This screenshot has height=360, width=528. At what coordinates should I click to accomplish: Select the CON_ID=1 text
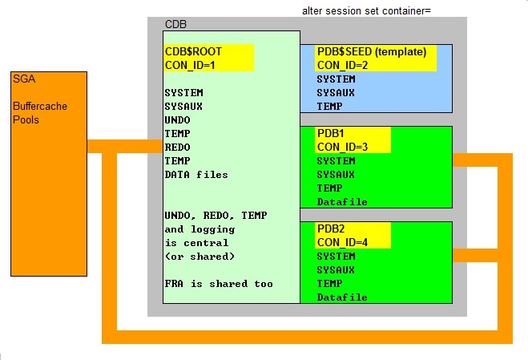click(x=191, y=65)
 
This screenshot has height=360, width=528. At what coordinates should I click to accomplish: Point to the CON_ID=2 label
click(x=344, y=65)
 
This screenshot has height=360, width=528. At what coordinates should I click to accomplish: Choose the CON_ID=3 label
click(x=344, y=146)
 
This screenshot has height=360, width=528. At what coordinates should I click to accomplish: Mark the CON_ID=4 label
click(x=344, y=242)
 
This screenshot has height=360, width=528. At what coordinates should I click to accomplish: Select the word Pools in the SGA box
click(x=26, y=119)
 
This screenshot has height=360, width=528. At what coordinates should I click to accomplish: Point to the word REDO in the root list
click(x=177, y=148)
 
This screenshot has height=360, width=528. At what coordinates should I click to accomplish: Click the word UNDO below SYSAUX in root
click(x=177, y=120)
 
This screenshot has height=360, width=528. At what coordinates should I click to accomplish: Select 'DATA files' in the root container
click(x=196, y=175)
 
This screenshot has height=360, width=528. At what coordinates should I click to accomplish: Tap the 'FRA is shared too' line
click(x=218, y=284)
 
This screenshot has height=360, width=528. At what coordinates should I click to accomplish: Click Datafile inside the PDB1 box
click(x=342, y=201)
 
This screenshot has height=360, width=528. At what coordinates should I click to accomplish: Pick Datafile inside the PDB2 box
click(x=342, y=297)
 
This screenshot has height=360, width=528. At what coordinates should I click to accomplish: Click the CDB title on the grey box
click(x=176, y=24)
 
